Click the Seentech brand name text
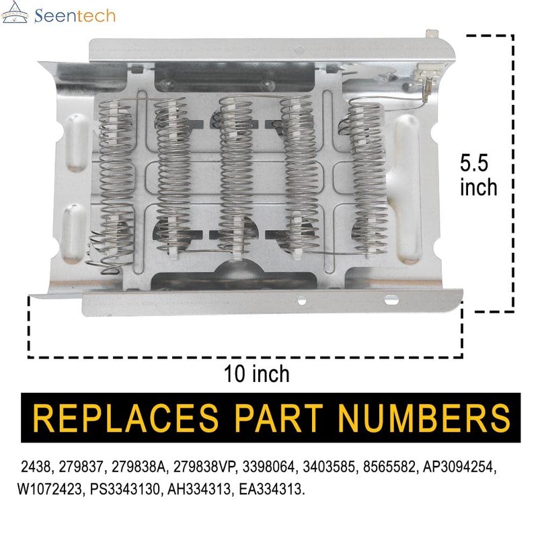[75, 15]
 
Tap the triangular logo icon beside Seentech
[15, 12]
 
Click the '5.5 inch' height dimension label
[478, 175]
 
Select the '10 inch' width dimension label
[257, 374]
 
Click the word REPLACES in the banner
[125, 418]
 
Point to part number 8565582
[389, 467]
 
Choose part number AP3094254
[459, 467]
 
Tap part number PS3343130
[125, 489]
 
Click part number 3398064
[268, 467]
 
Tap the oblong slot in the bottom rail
[391, 300]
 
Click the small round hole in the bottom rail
[301, 301]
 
